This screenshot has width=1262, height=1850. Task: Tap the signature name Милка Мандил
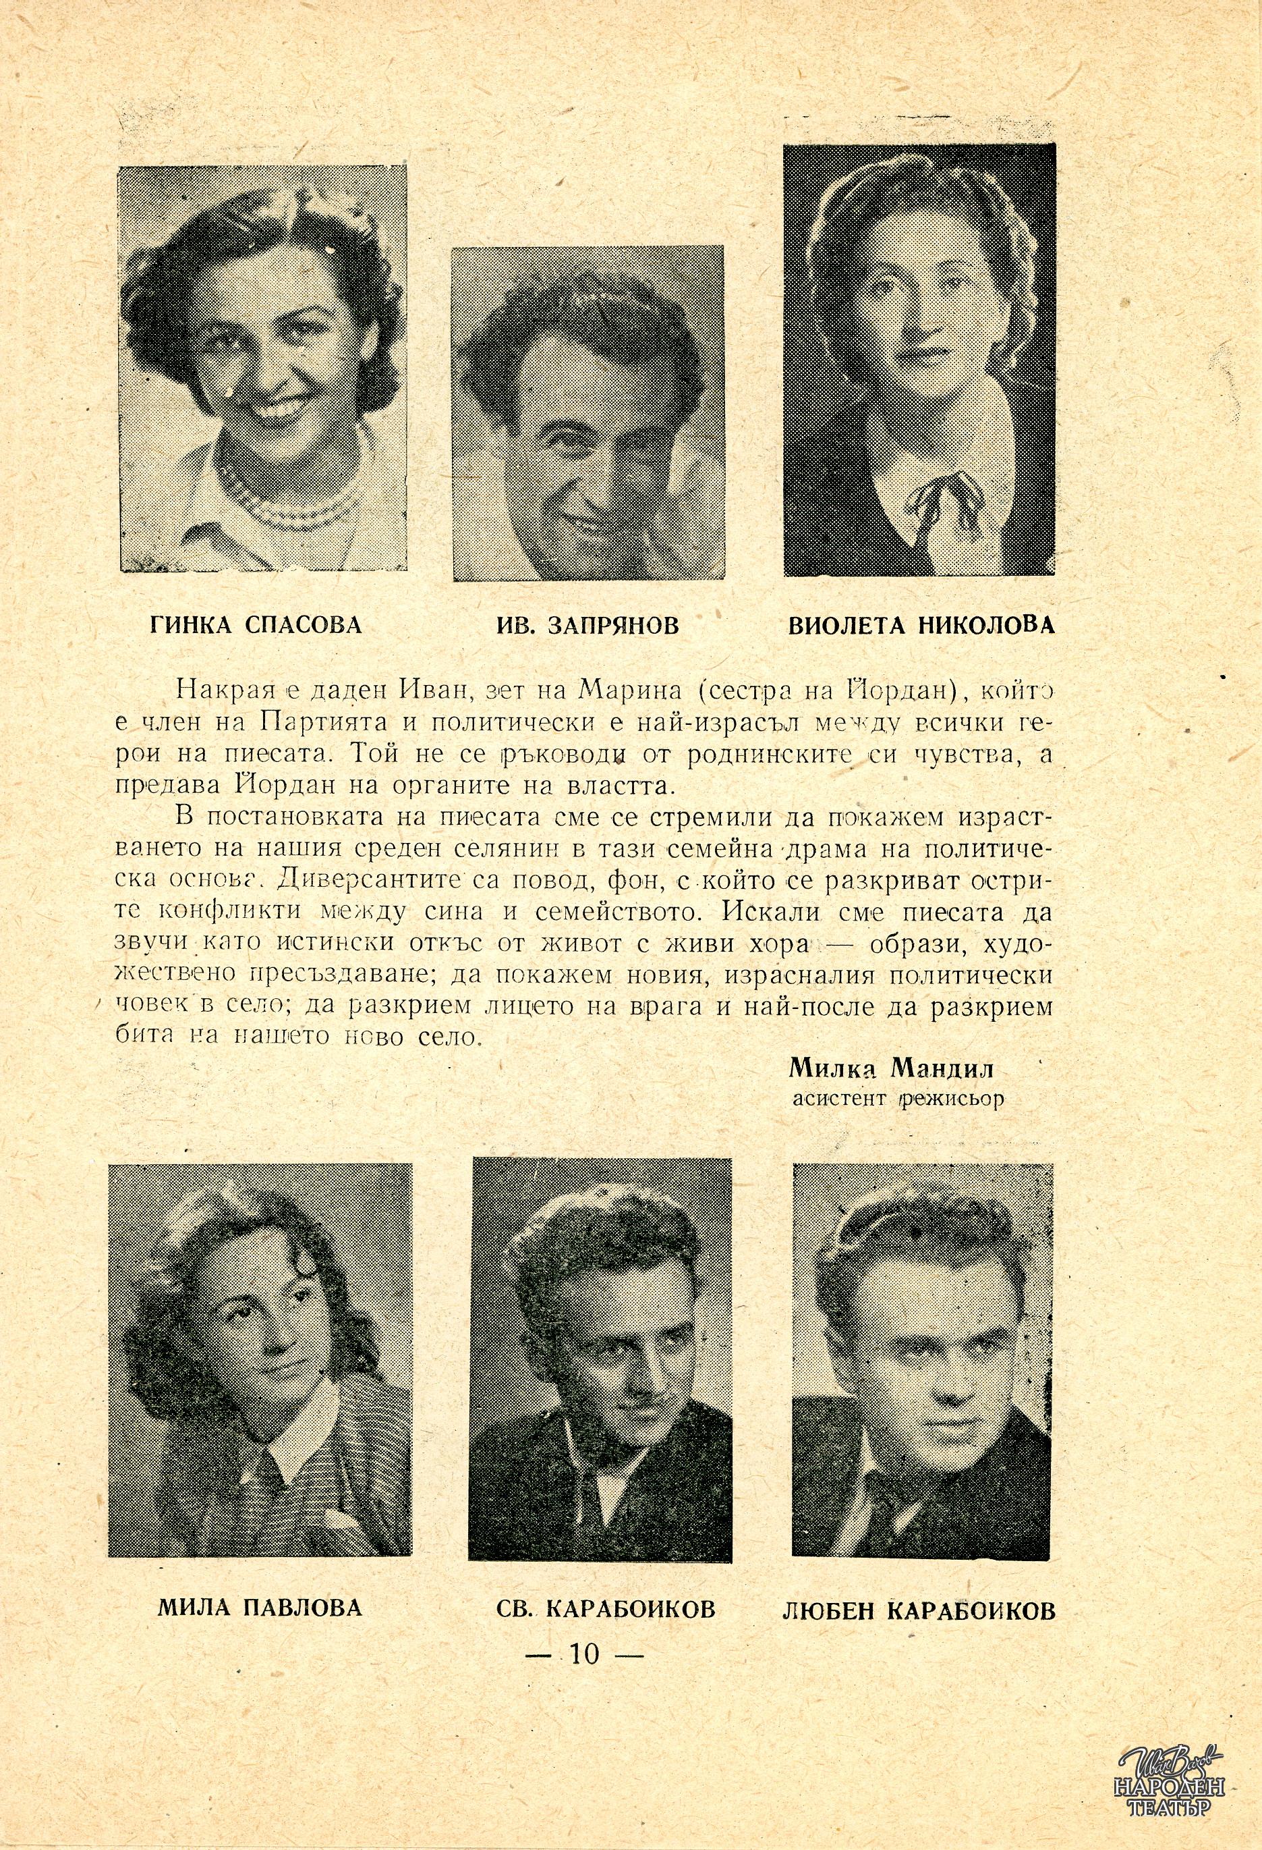click(x=892, y=1068)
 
